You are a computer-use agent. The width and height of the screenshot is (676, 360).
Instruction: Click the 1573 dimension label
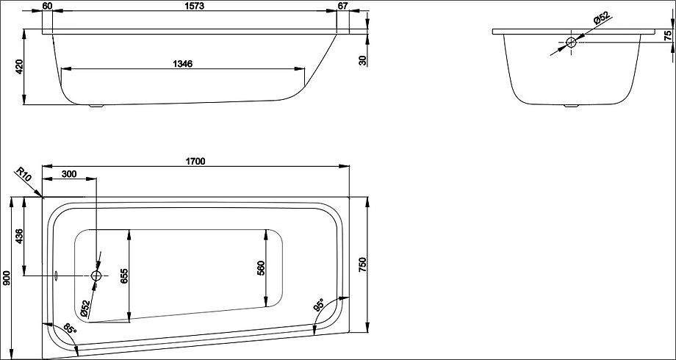coord(195,6)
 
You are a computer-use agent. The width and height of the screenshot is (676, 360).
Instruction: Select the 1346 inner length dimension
coord(182,64)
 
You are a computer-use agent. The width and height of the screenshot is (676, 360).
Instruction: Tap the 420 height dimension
coord(19,67)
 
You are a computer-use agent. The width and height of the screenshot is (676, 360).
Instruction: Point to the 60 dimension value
coord(48,6)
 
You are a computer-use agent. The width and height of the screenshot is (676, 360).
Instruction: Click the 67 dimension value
coord(342,6)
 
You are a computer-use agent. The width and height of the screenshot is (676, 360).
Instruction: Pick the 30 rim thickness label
coord(363,60)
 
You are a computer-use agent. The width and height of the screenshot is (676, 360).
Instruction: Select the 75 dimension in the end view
coord(668,36)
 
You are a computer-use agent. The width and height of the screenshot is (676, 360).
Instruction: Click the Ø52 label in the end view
coord(601,18)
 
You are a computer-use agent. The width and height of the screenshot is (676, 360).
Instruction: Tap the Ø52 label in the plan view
coord(85,309)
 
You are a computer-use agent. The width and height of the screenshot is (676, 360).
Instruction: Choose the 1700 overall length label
coord(195,161)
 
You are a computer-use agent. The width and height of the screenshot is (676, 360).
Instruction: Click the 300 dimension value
coord(69,174)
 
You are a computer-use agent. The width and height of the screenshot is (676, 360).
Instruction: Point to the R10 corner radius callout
coord(24,176)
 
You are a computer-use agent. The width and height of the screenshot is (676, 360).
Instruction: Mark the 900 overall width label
coord(6,280)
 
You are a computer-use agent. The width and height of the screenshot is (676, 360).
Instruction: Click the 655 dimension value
coord(125,276)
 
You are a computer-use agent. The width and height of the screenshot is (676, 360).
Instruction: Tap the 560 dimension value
coord(261,269)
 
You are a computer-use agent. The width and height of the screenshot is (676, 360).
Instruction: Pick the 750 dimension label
coord(362,264)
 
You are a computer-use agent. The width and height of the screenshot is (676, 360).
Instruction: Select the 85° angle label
coord(69,329)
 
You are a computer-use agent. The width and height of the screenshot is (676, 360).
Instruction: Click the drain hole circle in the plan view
coord(96,276)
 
